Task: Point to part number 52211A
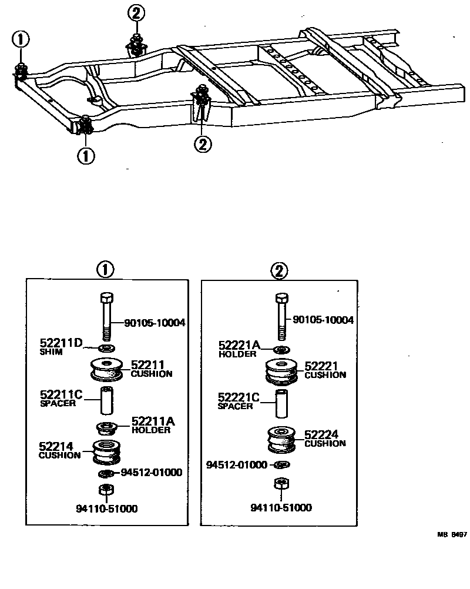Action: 153,421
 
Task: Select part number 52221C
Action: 239,397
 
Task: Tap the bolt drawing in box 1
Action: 106,317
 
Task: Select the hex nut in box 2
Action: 280,485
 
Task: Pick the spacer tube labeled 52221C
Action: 281,403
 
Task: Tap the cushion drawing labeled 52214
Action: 106,452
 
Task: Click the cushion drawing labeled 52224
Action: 281,439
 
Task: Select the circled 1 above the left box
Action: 105,270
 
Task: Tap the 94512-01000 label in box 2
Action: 239,465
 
